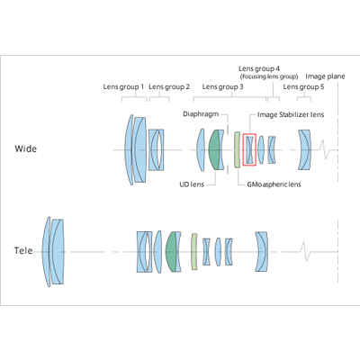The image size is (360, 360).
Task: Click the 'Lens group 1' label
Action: [x=123, y=87]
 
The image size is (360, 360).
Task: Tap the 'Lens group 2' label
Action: [x=169, y=87]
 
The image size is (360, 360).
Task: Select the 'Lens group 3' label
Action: [x=222, y=87]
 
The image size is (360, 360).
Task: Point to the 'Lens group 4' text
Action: [x=259, y=69]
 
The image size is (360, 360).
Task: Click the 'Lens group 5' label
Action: [x=303, y=87]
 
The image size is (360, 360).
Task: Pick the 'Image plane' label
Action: [x=325, y=76]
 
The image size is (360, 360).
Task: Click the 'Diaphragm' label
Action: [x=201, y=114]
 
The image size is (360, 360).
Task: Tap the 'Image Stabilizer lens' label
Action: [x=291, y=114]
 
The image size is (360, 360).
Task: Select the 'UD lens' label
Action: [x=192, y=184]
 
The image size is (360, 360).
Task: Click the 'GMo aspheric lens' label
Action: [x=274, y=184]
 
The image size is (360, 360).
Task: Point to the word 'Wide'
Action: [x=26, y=148]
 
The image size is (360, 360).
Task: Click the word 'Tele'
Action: [x=23, y=250]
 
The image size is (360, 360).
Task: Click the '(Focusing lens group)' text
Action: [x=269, y=76]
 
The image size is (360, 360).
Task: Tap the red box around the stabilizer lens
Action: [x=249, y=134]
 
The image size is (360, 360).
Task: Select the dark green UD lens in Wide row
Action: [x=214, y=149]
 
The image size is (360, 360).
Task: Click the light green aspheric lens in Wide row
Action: [x=237, y=149]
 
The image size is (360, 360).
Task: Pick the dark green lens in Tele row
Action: [x=171, y=251]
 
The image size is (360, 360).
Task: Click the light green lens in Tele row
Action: [x=194, y=251]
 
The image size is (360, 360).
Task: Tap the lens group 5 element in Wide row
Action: [x=304, y=149]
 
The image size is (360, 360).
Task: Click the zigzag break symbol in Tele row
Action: [x=305, y=251]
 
